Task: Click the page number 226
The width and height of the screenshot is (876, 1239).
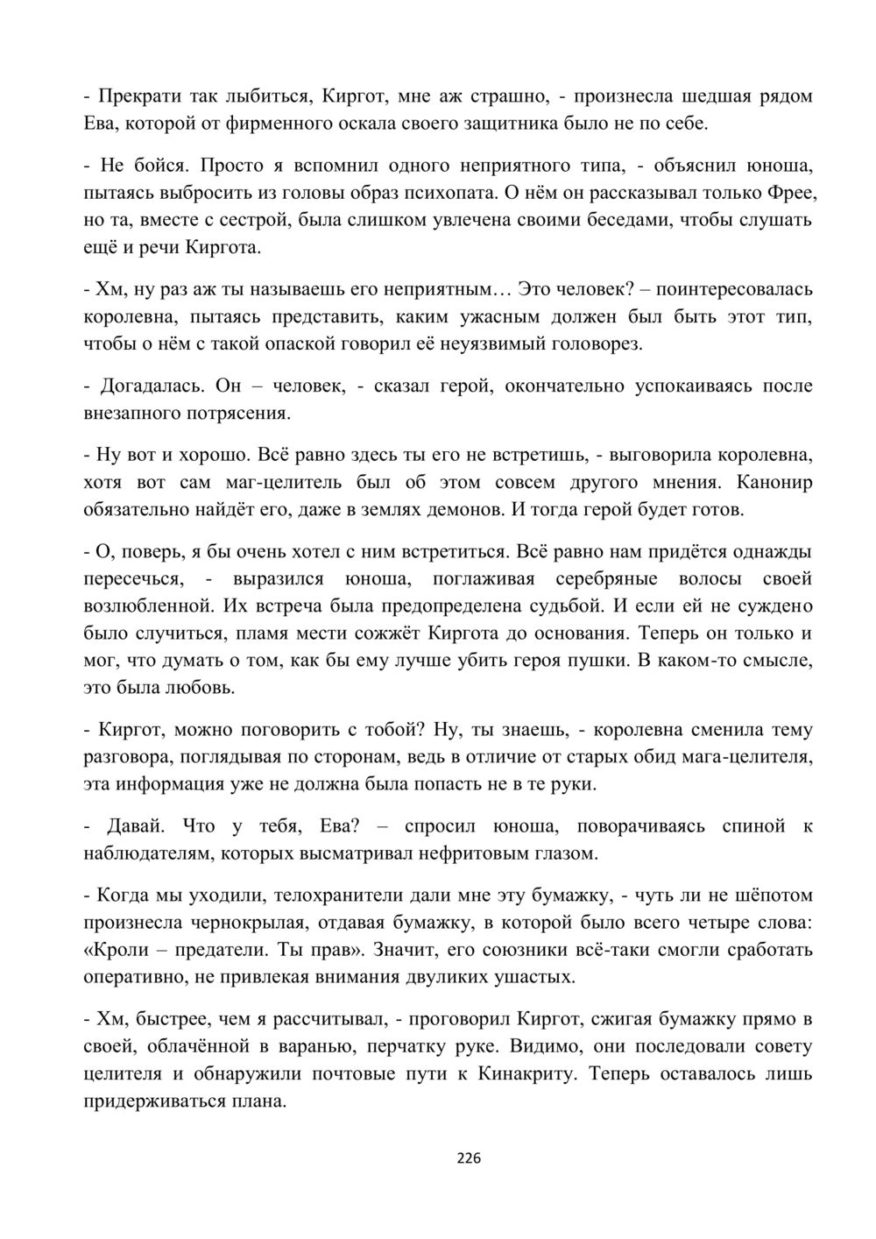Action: (470, 1158)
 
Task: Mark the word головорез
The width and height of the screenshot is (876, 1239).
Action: (599, 343)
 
